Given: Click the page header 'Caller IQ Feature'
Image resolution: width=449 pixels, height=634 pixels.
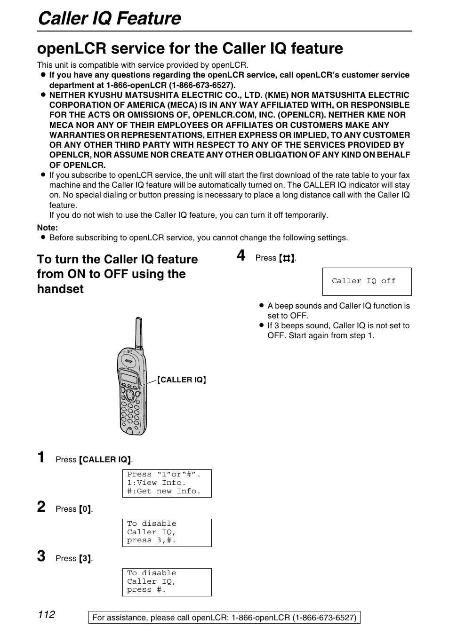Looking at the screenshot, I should (109, 18).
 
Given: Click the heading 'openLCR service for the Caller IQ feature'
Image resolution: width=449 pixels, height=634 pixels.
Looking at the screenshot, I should (190, 48).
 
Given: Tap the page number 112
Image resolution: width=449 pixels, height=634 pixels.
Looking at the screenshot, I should (47, 615).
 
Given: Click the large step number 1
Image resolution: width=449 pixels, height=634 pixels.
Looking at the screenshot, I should (41, 457).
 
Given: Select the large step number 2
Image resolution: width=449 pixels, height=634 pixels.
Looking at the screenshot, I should (41, 507).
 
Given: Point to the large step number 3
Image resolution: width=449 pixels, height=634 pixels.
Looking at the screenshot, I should (41, 556).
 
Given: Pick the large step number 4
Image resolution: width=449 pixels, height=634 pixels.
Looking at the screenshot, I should (241, 255).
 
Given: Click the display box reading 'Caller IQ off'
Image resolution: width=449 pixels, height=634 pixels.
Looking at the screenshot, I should (367, 281).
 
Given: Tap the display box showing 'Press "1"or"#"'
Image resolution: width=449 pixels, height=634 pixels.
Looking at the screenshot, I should (167, 483).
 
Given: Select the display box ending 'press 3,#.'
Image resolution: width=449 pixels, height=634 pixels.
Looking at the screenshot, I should (167, 532).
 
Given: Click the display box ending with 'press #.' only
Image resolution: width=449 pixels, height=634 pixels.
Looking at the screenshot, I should (167, 582).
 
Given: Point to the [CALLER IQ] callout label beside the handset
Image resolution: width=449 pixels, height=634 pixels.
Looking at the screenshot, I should (182, 380).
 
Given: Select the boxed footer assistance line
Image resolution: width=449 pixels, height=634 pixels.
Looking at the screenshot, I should (224, 618).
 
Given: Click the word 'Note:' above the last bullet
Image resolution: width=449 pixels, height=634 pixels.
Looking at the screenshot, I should (48, 228).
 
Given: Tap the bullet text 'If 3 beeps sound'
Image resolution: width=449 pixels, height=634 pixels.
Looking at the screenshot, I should (338, 330).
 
